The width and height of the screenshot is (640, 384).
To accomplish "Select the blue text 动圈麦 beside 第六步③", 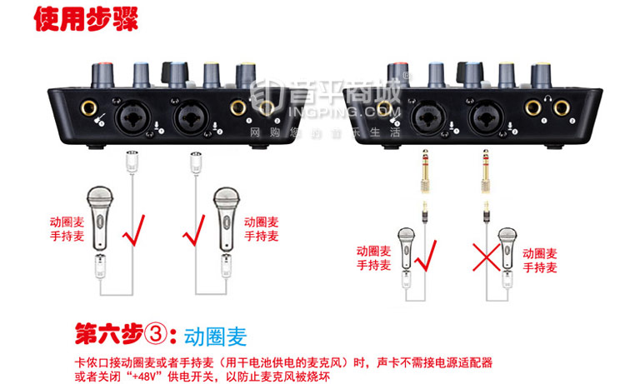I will [x=216, y=337].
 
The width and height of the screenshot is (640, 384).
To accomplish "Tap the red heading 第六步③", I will [x=124, y=336].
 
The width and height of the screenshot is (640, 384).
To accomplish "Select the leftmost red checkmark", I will [x=136, y=231].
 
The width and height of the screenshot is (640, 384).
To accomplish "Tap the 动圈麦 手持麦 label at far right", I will [x=541, y=259].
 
